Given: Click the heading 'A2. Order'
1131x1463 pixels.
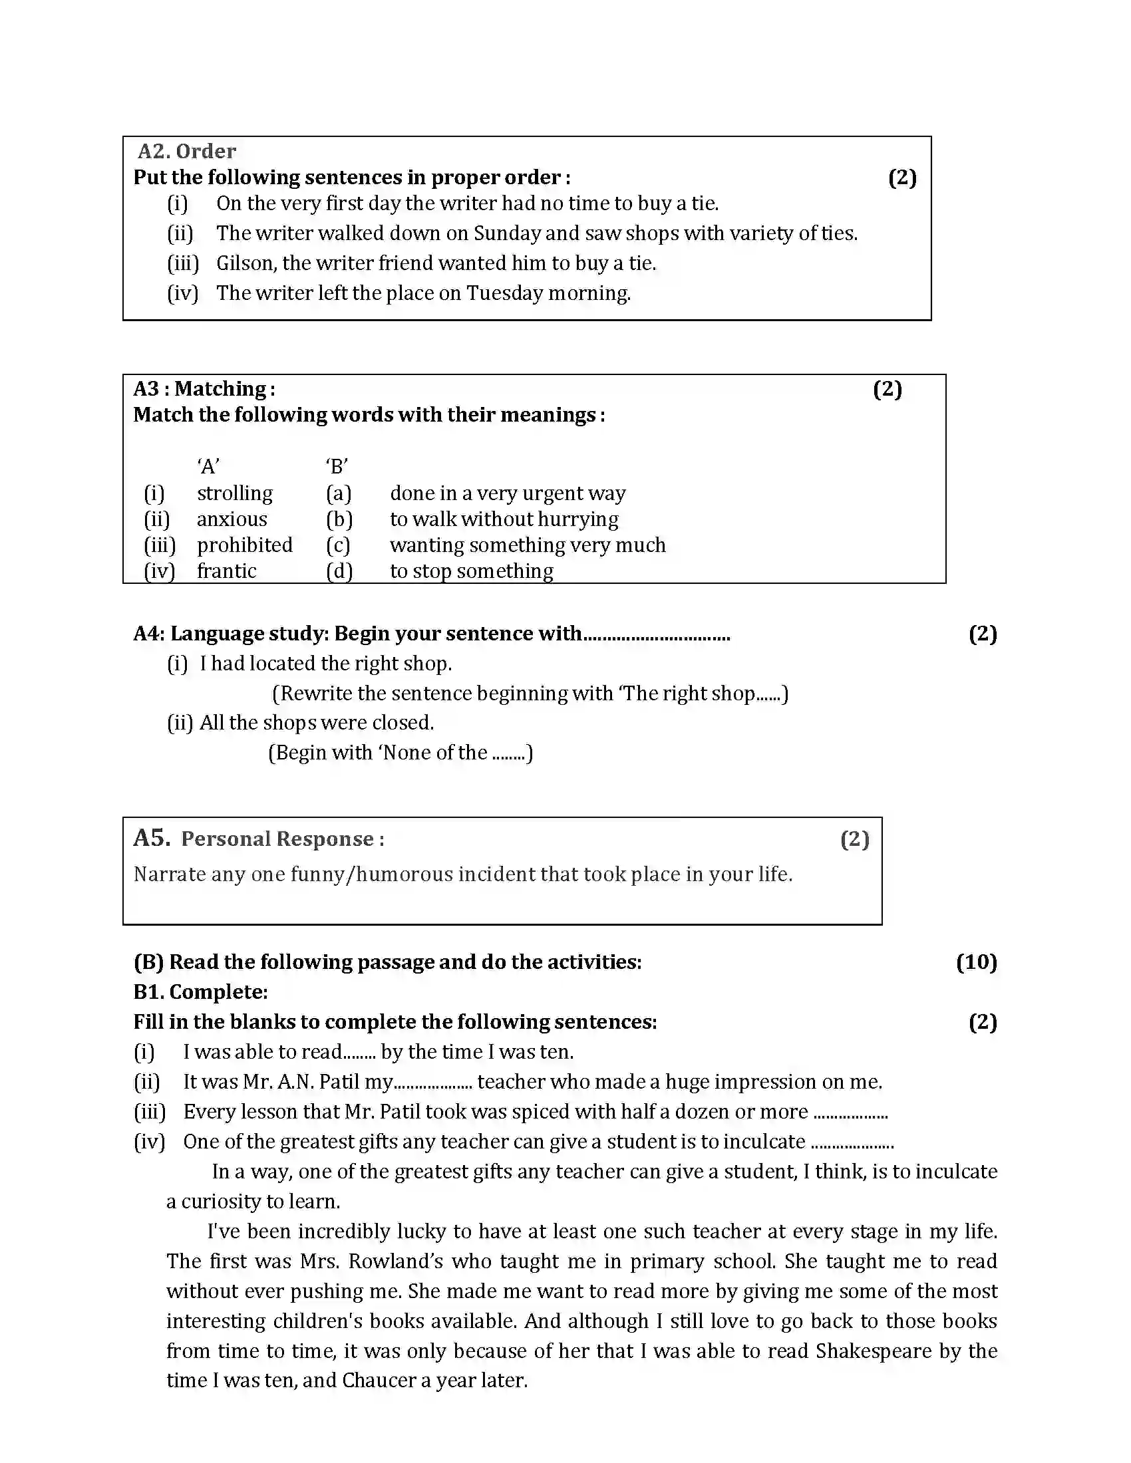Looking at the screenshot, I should pos(186,152).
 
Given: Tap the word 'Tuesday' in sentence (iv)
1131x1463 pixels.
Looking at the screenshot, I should pos(504,293).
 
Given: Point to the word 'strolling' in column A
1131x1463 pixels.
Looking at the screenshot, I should pos(234,493).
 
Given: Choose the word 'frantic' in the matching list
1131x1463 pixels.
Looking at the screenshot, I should pos(226,571).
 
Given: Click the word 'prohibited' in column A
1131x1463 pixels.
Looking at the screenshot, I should pos(245,545).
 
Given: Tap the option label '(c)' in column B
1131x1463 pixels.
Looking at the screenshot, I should pos(339,545).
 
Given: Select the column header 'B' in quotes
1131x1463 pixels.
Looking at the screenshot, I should pos(337,466).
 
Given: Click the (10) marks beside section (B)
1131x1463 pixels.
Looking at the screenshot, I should pos(976,963).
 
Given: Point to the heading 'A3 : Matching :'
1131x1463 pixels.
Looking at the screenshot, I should pos(204,389).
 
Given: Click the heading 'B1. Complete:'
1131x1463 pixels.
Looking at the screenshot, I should pos(200,992).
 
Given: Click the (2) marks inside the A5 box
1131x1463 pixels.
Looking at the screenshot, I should pos(854,839).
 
